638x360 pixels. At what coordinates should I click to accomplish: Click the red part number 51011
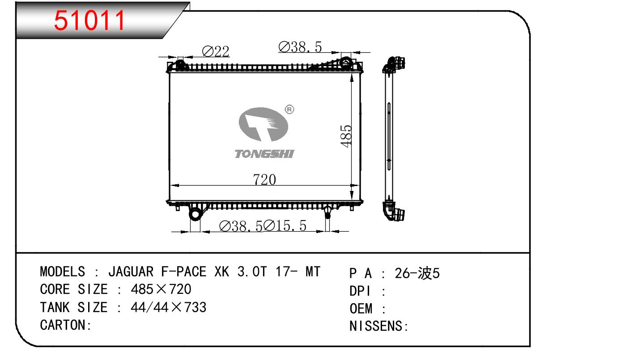89,20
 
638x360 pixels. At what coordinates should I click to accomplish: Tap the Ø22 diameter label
216,52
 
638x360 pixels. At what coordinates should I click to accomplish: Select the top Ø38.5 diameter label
300,47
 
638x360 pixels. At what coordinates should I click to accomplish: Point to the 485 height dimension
346,136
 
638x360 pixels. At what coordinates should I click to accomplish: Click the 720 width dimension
264,180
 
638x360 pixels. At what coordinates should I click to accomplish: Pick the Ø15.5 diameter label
285,226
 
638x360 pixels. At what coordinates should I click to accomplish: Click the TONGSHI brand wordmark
264,154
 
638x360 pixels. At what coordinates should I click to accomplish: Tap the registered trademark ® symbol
289,110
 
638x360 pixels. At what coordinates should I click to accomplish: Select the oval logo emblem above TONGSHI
263,124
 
